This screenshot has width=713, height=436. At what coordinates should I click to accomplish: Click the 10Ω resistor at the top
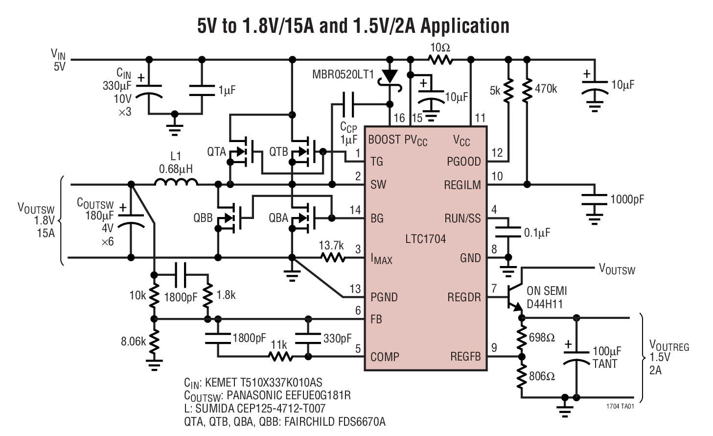pos(440,60)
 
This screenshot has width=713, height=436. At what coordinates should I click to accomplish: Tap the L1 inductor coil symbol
pos(176,183)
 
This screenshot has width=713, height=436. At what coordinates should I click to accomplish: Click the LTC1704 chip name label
pos(425,239)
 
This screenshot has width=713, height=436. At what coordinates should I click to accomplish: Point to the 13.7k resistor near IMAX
pos(332,257)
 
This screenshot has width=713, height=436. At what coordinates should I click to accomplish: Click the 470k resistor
pos(527,89)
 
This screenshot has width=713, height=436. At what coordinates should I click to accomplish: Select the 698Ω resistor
pos(522,337)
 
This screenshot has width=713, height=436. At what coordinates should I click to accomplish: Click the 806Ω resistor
pos(522,376)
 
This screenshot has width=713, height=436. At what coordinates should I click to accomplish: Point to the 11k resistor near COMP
pos(280,357)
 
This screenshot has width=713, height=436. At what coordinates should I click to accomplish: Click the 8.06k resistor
pos(154,341)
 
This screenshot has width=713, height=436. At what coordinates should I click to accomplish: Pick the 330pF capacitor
pos(308,338)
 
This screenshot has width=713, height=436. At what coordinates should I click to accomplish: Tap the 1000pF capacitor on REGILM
pos(594,199)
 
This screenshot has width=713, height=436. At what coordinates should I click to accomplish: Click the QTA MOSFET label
pos(216,151)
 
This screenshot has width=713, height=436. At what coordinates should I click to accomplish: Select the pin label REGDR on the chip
pos(463,297)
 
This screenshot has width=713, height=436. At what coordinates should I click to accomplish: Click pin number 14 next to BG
pos(355,210)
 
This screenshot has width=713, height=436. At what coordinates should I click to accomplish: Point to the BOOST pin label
pos(384,140)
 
